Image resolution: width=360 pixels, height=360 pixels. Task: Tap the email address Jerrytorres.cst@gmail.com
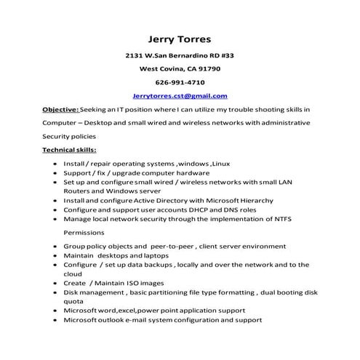pos(180,95)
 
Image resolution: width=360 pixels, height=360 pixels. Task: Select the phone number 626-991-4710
pos(180,82)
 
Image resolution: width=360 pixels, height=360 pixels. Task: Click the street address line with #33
pos(180,55)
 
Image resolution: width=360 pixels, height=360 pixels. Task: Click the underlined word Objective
pos(60,108)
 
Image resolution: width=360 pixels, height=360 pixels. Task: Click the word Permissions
pos(84,233)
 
